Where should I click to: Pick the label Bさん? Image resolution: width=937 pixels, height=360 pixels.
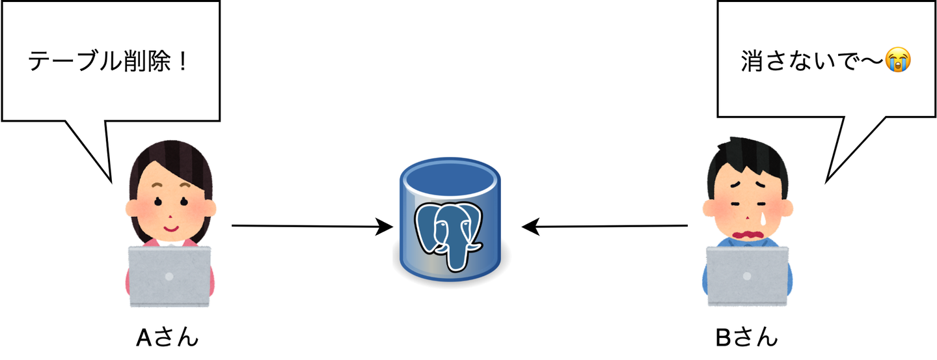point(746,338)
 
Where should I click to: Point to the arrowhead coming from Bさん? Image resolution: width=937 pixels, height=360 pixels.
point(530,227)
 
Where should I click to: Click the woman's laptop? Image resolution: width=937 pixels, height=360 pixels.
point(169,277)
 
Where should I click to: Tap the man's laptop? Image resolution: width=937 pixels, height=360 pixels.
point(747,277)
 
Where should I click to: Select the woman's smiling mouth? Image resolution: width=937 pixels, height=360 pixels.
point(170,228)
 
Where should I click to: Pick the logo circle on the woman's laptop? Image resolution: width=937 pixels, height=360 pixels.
point(169,276)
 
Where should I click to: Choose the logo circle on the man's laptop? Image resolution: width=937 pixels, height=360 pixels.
point(747,276)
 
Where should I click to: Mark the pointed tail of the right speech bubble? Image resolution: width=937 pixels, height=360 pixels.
point(828,180)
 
